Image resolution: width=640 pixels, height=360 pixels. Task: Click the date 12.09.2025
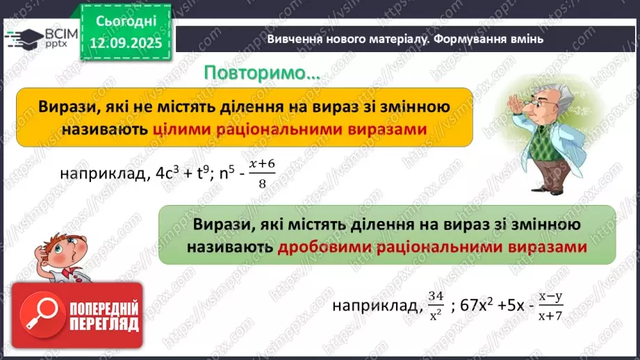[125, 43]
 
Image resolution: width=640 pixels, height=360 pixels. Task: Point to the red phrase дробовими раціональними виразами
[432, 247]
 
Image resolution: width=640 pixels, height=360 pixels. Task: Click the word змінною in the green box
[543, 225]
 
